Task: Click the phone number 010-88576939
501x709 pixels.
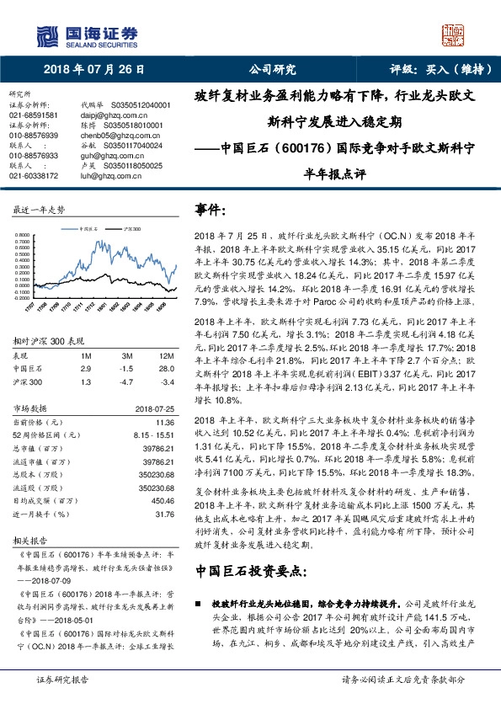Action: tap(34, 135)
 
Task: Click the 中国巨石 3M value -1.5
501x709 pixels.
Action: tap(127, 369)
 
